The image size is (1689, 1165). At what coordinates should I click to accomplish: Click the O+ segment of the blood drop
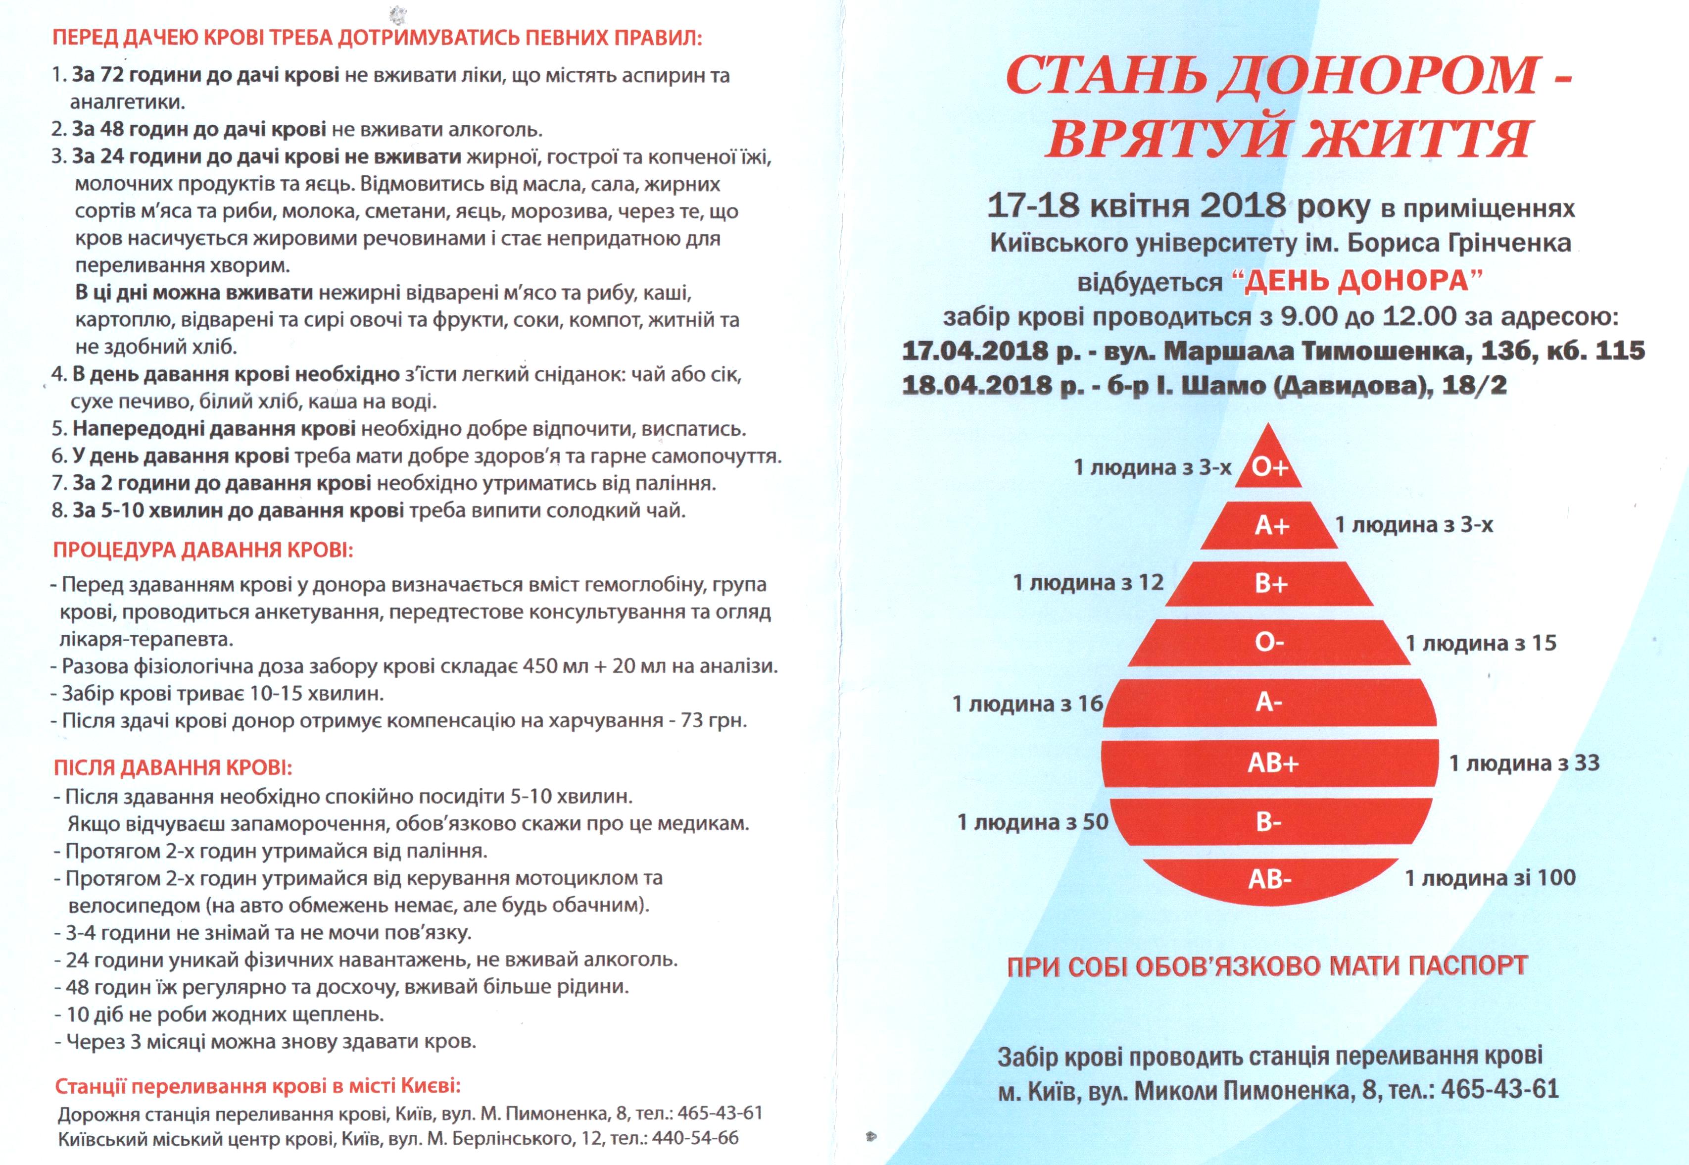point(1270,467)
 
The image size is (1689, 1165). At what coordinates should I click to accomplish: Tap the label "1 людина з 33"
point(1523,763)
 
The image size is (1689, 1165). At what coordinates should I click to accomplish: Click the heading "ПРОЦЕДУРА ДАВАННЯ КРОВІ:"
point(203,549)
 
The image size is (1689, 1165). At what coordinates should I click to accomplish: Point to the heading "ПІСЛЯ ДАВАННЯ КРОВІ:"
point(173,767)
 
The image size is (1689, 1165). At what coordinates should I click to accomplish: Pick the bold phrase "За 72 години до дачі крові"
point(205,75)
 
